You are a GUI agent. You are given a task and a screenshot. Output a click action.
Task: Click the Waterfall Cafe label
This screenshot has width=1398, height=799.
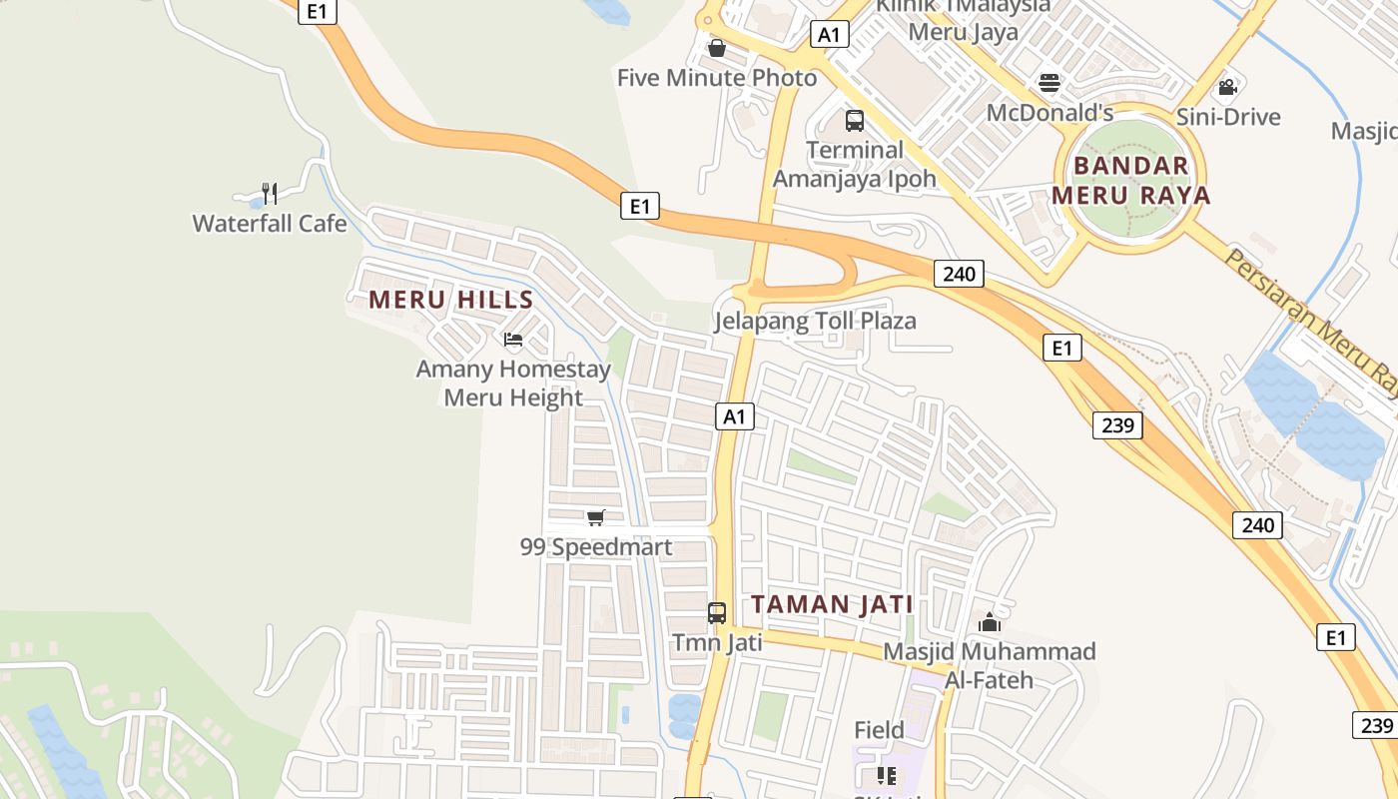(x=270, y=223)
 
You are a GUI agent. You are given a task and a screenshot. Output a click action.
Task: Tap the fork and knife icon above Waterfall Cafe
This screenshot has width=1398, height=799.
(x=269, y=192)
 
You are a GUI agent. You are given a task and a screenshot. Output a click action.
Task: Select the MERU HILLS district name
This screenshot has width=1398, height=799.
(x=451, y=299)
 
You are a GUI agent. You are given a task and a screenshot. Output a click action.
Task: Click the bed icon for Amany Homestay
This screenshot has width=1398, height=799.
(x=513, y=341)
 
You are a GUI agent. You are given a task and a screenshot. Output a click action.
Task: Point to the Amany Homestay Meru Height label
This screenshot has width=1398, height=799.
(x=513, y=384)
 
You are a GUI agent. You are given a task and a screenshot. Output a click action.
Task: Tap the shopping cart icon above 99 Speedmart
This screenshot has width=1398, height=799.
(x=596, y=517)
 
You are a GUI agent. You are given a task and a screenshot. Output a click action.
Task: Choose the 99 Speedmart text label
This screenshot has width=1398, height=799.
(x=596, y=547)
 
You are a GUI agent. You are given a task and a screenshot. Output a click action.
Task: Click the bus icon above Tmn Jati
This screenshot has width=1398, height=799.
(x=717, y=612)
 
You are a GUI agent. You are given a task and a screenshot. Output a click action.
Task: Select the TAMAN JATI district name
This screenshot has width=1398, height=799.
(x=832, y=604)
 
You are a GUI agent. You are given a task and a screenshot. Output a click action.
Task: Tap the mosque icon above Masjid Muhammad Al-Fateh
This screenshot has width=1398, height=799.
(x=990, y=622)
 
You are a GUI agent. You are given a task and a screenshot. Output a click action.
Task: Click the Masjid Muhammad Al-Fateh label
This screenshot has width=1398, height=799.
(x=990, y=666)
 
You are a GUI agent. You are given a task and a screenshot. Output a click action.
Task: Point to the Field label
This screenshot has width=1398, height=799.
(x=880, y=730)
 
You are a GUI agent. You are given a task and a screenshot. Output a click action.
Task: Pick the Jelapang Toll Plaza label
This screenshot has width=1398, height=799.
(x=815, y=321)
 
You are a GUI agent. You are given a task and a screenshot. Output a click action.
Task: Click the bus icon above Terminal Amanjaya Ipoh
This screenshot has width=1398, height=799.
(x=855, y=121)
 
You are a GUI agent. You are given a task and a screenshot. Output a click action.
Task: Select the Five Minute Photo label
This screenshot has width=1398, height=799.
(x=717, y=78)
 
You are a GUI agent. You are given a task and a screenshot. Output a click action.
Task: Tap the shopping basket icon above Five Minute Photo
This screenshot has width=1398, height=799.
(x=717, y=47)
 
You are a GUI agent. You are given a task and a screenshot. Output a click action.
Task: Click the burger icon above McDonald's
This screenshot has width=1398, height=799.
(x=1049, y=82)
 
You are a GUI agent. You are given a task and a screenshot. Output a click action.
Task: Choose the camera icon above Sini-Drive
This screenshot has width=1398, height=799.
(x=1228, y=87)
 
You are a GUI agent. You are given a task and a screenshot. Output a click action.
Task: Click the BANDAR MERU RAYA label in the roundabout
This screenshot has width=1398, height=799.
(x=1131, y=181)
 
